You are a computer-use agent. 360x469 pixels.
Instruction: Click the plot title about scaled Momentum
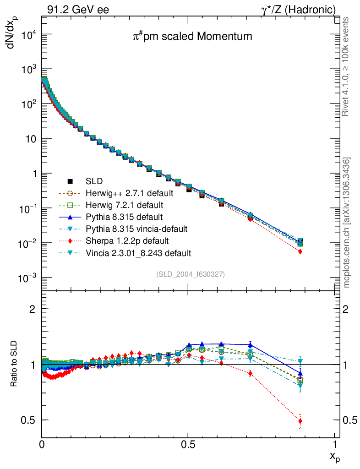(192, 36)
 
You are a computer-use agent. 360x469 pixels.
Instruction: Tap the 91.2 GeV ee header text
(77, 10)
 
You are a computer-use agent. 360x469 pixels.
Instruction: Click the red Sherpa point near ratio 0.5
(300, 421)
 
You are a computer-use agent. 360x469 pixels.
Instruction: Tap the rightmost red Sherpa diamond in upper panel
(300, 251)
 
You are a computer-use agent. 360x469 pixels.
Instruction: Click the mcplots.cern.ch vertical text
(347, 223)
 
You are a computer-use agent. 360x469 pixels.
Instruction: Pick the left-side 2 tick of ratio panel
(33, 309)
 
